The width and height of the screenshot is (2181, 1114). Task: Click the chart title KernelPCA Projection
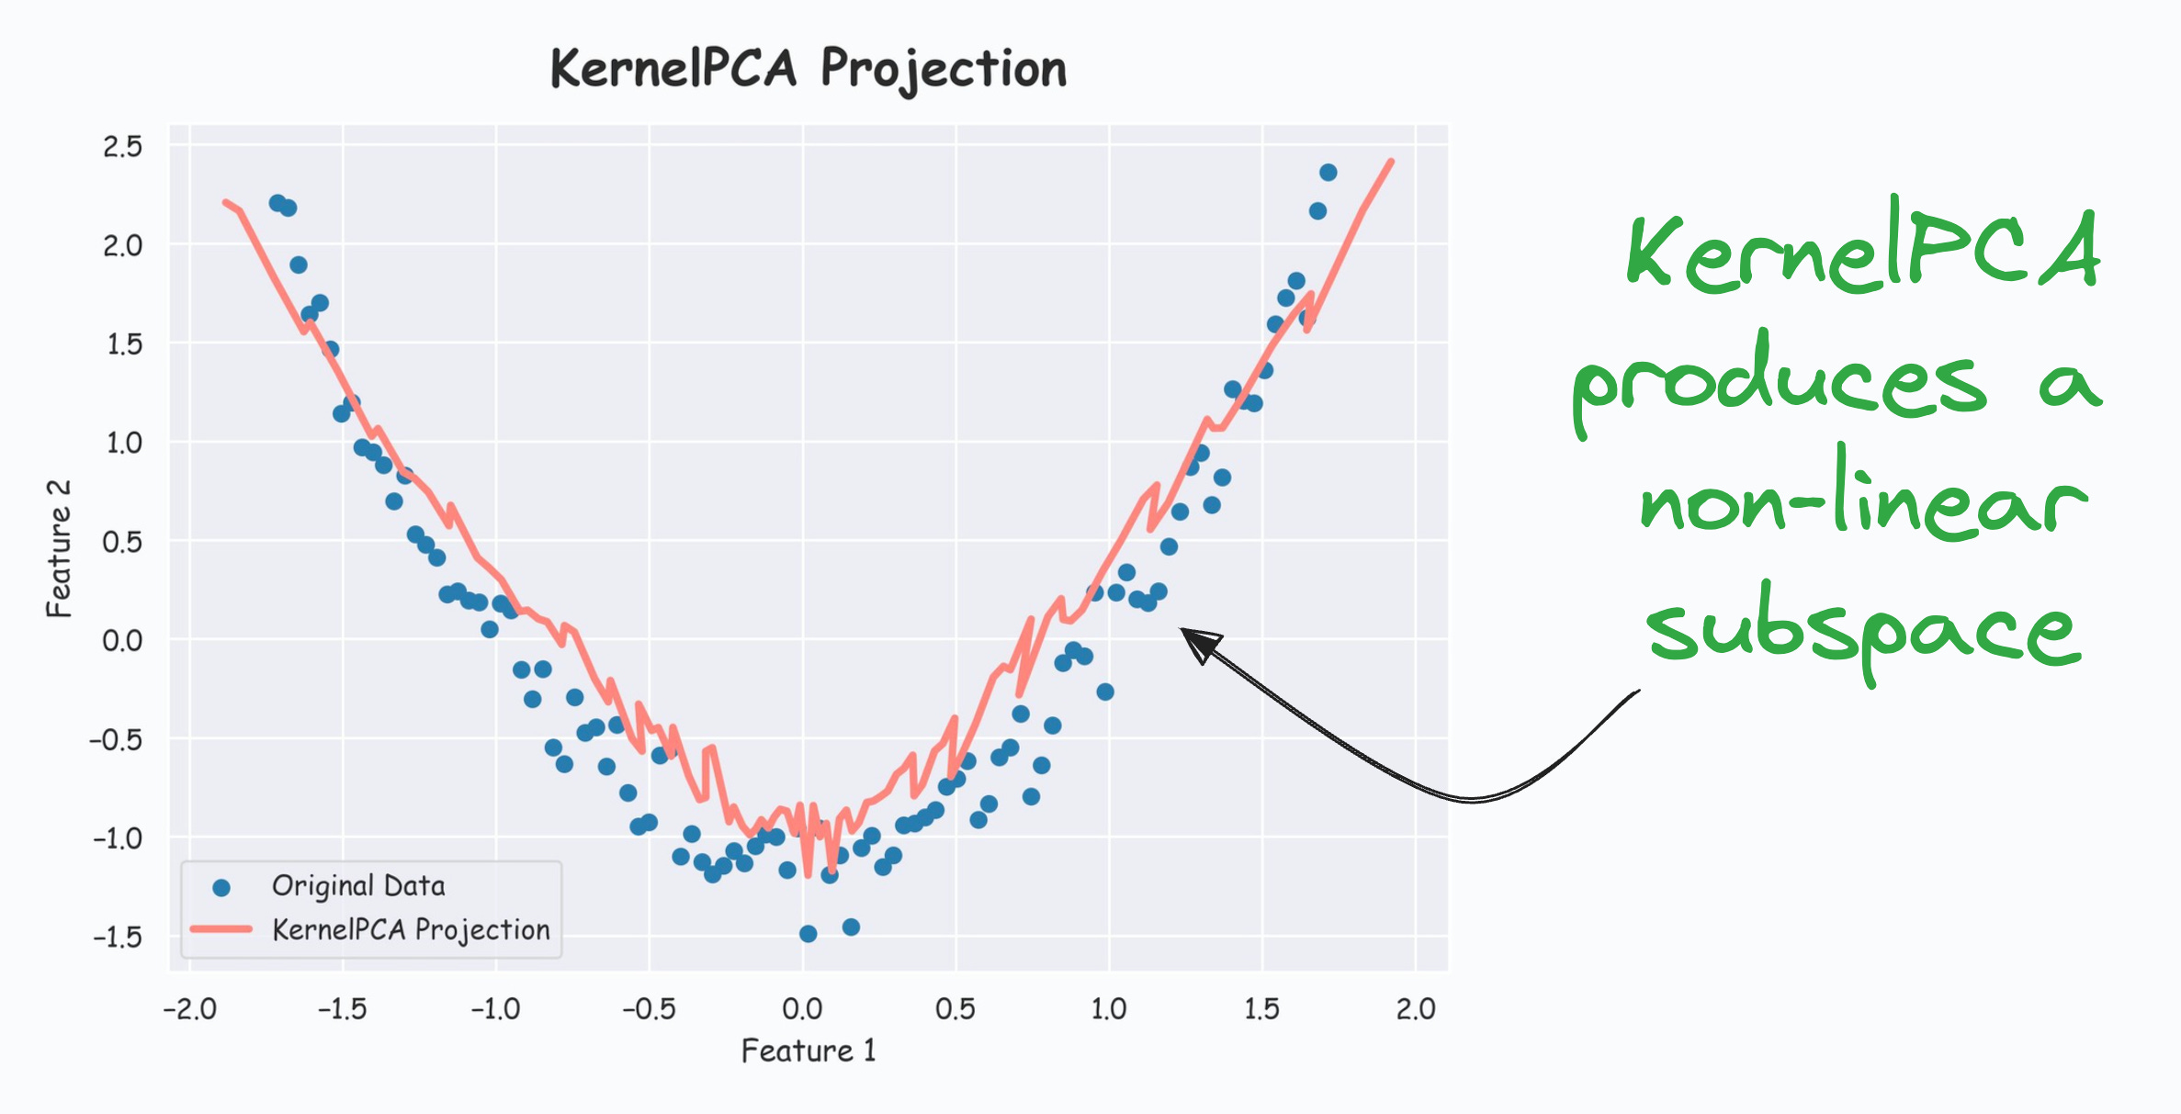pos(808,69)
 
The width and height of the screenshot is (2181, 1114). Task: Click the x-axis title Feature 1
pos(808,1050)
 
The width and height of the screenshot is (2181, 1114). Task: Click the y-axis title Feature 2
pos(59,548)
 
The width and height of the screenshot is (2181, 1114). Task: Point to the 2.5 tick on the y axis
pos(123,146)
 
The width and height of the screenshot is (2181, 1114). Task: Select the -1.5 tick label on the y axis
pos(119,937)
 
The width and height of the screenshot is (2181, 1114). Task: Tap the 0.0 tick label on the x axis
pos(802,1009)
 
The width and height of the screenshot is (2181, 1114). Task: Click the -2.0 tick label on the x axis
pos(189,1009)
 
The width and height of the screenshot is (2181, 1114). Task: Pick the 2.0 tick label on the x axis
pos(1415,1009)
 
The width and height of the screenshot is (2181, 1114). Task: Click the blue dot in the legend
pos(221,887)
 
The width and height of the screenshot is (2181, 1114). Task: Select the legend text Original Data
pos(358,886)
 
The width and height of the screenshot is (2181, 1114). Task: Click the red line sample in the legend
pos(221,929)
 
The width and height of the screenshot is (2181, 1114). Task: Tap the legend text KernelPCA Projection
pos(411,929)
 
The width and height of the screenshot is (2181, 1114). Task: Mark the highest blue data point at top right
pos(1328,173)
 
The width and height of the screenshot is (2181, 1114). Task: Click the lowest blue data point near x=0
pos(808,934)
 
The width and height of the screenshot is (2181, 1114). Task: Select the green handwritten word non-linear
pos(1860,501)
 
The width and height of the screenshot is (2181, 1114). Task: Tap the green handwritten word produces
pos(1778,381)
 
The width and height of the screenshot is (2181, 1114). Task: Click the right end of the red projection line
pos(1392,162)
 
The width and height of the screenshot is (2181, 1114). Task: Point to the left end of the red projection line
pos(225,202)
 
